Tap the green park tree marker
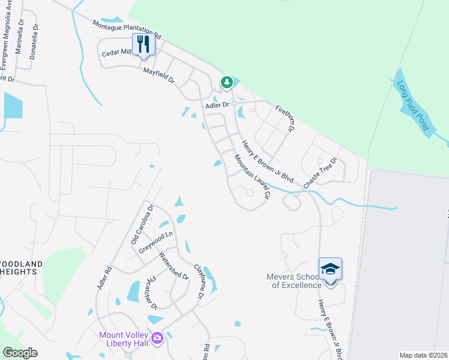226,82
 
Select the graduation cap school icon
330,268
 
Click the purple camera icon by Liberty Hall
157,338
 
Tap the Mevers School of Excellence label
294,281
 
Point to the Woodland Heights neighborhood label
20,268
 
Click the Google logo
20,353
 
